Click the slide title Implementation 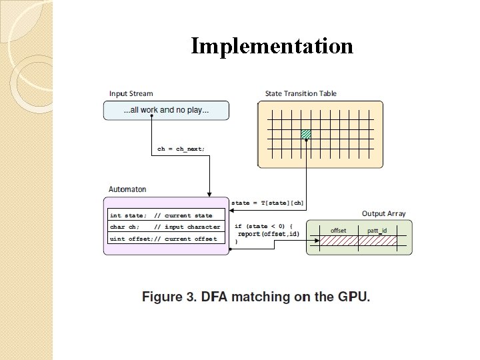272,46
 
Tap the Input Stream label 131,94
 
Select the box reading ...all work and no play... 166,110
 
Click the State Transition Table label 301,94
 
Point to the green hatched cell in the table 306,134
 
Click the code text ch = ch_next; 181,149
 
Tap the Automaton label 127,190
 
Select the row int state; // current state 161,215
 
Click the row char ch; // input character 164,227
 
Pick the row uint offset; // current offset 163,239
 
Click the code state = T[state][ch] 267,203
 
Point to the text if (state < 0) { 264,226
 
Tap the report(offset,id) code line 269,234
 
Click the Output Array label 383,214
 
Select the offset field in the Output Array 338,231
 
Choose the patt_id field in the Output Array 377,231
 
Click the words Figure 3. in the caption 163,297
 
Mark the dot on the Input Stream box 151,117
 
